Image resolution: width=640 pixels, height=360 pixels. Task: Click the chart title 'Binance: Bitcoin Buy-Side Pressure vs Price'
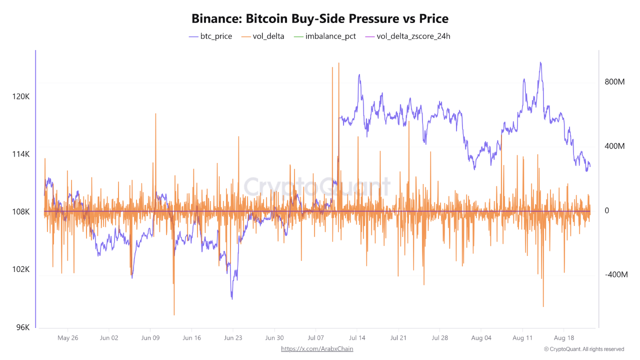pyautogui.click(x=320, y=19)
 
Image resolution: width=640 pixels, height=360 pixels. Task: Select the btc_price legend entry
pyautogui.click(x=210, y=36)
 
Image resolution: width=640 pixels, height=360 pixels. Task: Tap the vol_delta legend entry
pyautogui.click(x=262, y=36)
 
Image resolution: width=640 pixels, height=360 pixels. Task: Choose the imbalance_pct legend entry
pyautogui.click(x=324, y=36)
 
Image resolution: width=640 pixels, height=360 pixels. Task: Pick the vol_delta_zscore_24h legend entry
pyautogui.click(x=407, y=36)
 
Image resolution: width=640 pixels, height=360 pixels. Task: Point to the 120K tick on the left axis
pyautogui.click(x=21, y=96)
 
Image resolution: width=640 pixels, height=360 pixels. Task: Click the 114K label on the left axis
pyautogui.click(x=21, y=154)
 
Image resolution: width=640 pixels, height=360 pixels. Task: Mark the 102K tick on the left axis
pyautogui.click(x=21, y=269)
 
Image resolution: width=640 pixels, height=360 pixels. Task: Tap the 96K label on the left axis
pyautogui.click(x=23, y=327)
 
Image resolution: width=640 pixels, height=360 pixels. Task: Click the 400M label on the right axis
pyautogui.click(x=614, y=146)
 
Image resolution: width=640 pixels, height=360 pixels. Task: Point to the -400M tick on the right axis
pyautogui.click(x=615, y=275)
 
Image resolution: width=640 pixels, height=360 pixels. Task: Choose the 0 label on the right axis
pyautogui.click(x=607, y=211)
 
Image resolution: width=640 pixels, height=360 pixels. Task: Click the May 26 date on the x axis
pyautogui.click(x=67, y=338)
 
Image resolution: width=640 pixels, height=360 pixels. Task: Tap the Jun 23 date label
pyautogui.click(x=233, y=338)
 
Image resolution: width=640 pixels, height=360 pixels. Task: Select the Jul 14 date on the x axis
pyautogui.click(x=357, y=338)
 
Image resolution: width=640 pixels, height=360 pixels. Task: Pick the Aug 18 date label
pyautogui.click(x=563, y=338)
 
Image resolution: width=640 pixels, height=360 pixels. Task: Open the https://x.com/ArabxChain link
pyautogui.click(x=317, y=349)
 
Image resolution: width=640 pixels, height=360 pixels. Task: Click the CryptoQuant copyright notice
pyautogui.click(x=584, y=349)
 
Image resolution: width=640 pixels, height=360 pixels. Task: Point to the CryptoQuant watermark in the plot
pyautogui.click(x=317, y=187)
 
